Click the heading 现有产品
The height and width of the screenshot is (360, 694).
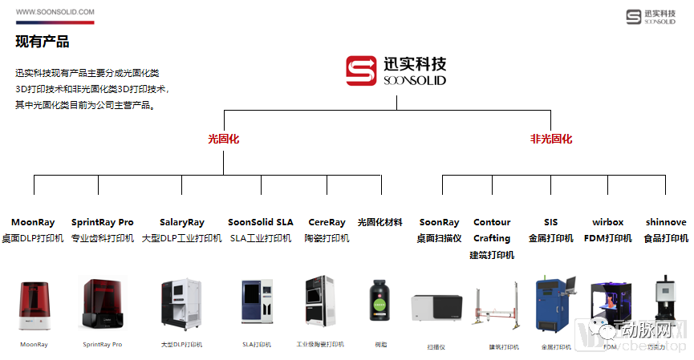(x=43, y=42)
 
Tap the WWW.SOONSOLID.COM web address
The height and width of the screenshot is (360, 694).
(x=55, y=12)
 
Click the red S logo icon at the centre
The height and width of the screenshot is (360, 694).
(x=361, y=71)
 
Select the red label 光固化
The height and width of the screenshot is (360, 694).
(x=223, y=139)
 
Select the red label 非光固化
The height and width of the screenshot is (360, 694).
(x=551, y=139)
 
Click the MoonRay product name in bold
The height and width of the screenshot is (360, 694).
(x=33, y=222)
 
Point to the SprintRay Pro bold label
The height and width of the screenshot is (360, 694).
(x=103, y=222)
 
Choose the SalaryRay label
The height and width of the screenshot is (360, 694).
(x=182, y=222)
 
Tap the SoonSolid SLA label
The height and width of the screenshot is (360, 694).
(x=261, y=222)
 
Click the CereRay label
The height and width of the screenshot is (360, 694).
(x=327, y=222)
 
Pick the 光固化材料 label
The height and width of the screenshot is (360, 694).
(x=379, y=222)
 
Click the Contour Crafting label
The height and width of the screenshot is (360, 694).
(x=492, y=230)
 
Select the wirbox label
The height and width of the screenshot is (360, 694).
(x=607, y=222)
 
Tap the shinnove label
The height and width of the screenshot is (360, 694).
(x=665, y=222)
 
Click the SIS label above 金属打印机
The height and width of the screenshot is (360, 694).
(x=550, y=222)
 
